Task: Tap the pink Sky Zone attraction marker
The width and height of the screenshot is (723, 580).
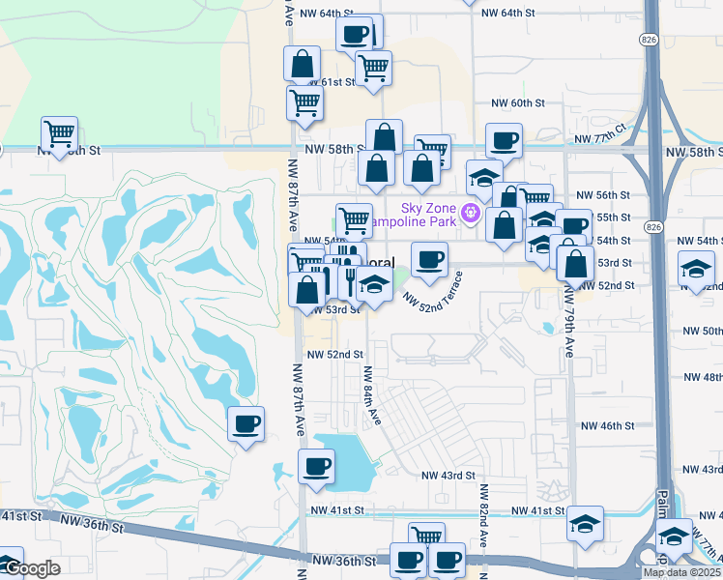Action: pyautogui.click(x=472, y=213)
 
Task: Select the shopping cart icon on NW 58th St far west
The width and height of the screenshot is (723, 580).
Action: pyautogui.click(x=59, y=133)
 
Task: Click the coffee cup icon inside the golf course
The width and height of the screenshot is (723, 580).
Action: pyautogui.click(x=246, y=423)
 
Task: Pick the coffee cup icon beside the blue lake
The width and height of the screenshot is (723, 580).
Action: pyautogui.click(x=315, y=467)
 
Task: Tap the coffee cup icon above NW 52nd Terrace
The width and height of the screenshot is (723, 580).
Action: pyautogui.click(x=429, y=258)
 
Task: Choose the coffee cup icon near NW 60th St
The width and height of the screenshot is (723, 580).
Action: pyautogui.click(x=503, y=140)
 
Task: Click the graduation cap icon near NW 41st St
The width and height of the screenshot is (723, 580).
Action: pyautogui.click(x=584, y=523)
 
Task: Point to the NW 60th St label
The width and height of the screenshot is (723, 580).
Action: pyautogui.click(x=519, y=103)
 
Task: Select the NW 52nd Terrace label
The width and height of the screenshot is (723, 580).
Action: pyautogui.click(x=434, y=290)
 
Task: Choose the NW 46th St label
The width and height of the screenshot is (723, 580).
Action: pyautogui.click(x=607, y=425)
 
